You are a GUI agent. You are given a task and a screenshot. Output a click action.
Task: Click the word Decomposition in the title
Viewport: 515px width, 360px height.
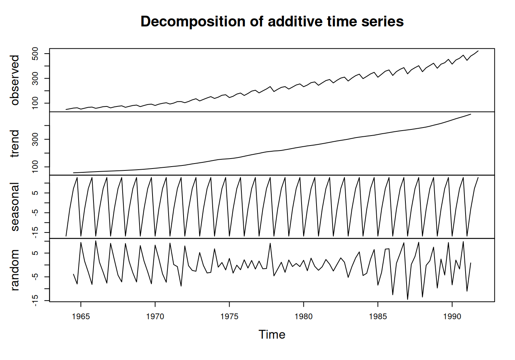point(193,22)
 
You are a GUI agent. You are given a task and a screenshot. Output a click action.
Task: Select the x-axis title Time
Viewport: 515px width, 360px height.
point(272,334)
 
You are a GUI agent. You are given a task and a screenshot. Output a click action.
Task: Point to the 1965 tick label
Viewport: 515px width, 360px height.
point(81,317)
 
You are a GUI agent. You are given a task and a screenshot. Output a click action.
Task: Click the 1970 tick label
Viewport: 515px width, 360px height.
point(155,317)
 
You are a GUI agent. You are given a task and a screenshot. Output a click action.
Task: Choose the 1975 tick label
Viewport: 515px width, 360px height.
point(229,317)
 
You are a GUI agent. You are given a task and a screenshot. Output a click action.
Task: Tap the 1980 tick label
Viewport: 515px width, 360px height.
point(303,317)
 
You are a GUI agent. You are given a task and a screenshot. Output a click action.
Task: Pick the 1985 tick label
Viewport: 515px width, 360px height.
point(378,317)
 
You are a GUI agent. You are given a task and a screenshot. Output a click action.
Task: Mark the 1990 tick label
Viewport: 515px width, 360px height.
point(452,317)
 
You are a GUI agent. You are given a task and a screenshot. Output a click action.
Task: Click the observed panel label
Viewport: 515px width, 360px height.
point(15,80)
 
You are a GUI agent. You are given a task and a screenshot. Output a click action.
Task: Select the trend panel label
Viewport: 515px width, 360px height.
point(15,144)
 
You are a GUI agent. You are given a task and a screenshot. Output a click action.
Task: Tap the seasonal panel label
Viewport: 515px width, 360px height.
point(15,207)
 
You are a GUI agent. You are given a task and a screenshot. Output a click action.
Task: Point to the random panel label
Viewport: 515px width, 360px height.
point(15,270)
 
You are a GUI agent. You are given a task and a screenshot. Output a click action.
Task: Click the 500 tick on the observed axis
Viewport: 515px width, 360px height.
point(35,54)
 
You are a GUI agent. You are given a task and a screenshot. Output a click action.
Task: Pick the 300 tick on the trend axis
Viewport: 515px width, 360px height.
point(35,139)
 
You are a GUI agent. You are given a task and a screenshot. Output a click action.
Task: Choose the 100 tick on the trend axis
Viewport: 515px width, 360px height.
point(35,167)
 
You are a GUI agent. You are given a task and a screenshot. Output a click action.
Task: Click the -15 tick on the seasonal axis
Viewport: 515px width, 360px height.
point(35,232)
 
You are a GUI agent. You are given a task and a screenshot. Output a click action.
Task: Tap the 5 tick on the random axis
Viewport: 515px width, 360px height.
point(35,253)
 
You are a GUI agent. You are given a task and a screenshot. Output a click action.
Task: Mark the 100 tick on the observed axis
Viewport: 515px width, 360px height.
point(35,103)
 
